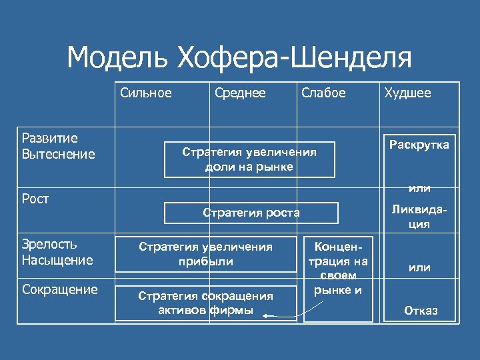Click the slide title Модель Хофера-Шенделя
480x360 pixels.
pyautogui.click(x=239, y=58)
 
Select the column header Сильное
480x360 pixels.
pyautogui.click(x=146, y=93)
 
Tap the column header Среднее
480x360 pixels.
pyautogui.click(x=240, y=93)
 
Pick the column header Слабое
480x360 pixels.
pyautogui.click(x=323, y=93)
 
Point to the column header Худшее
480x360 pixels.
pyautogui.click(x=407, y=93)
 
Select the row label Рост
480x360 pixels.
pyautogui.click(x=35, y=199)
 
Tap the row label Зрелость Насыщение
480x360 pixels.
pyautogui.click(x=57, y=252)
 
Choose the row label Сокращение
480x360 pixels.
pyautogui.click(x=59, y=289)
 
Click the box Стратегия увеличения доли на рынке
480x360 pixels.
pyautogui.click(x=249, y=159)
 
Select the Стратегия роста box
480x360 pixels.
pyautogui.click(x=251, y=213)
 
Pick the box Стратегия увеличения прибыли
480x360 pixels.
pyautogui.click(x=205, y=254)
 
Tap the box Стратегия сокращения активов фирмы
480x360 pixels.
pyautogui.click(x=205, y=303)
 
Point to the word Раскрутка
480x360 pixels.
pyautogui.click(x=419, y=145)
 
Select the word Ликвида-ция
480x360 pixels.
pyautogui.click(x=419, y=217)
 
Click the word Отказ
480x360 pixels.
pyautogui.click(x=419, y=311)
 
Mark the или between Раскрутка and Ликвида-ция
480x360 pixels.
pyautogui.click(x=419, y=189)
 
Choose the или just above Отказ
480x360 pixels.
pyautogui.click(x=419, y=268)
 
